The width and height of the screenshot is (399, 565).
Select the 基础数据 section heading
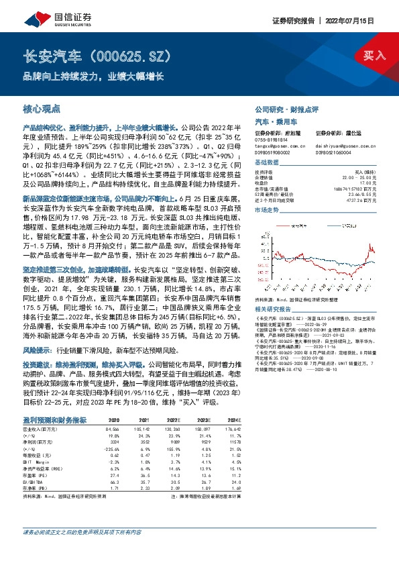pyautogui.click(x=267, y=163)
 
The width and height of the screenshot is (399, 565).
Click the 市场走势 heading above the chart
pyautogui.click(x=267, y=209)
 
